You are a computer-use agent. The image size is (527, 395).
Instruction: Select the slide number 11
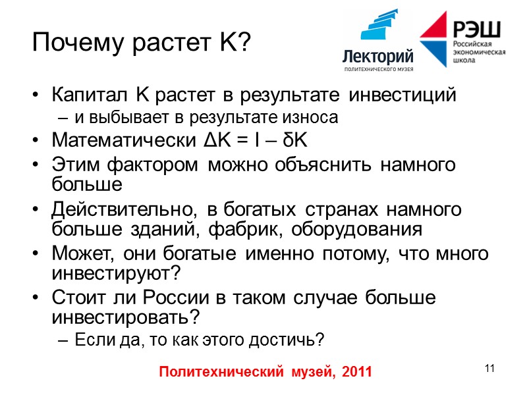489,368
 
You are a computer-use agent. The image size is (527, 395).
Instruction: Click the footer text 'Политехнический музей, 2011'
266,372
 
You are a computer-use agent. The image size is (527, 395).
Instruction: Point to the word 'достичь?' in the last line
294,340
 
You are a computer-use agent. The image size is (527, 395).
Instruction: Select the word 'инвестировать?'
125,317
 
